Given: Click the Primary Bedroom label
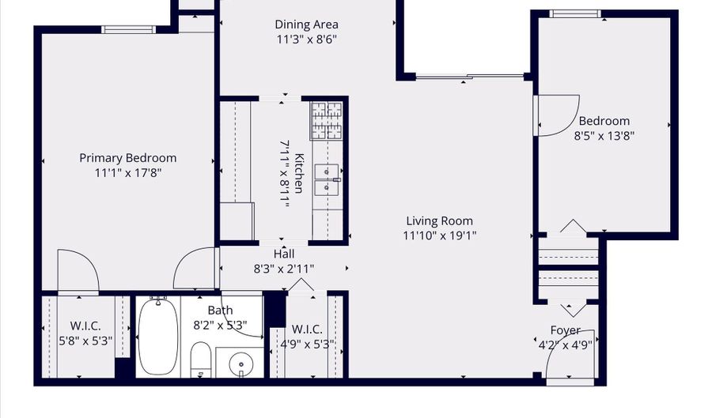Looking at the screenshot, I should [x=127, y=158].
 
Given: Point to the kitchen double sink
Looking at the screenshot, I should [x=327, y=179].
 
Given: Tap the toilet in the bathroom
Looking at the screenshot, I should [x=199, y=360].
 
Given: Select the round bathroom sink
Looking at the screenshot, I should [x=240, y=364].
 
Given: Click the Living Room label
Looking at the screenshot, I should [x=439, y=221].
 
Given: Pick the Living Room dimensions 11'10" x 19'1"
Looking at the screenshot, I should [x=439, y=235].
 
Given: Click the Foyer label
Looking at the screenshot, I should [x=565, y=330].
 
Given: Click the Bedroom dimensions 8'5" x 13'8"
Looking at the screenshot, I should [x=604, y=135].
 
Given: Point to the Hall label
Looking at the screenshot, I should [x=284, y=254].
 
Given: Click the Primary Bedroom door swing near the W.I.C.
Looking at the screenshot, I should [x=77, y=270].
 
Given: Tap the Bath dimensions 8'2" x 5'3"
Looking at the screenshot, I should [x=220, y=325].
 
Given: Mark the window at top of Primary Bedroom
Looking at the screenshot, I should [x=127, y=30].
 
